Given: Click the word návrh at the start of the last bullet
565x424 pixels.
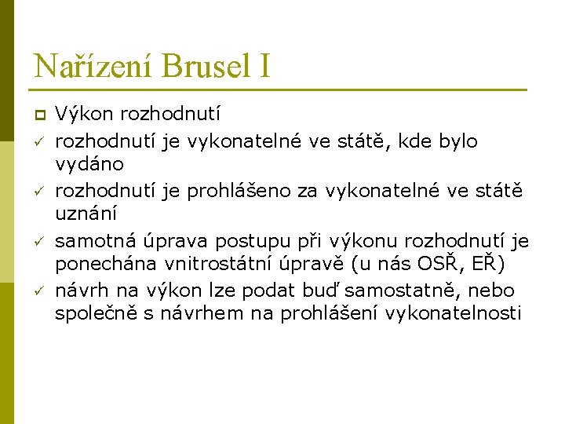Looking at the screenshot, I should tap(78, 291).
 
